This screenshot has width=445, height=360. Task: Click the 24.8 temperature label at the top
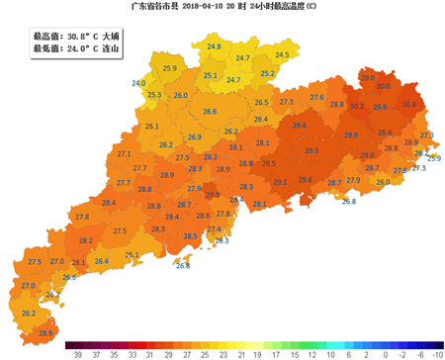point(215,46)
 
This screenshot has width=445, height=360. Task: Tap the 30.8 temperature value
point(408,105)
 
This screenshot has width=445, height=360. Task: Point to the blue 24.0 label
point(138,83)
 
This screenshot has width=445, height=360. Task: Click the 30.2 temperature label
point(357,106)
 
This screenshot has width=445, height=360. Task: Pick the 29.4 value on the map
point(299,126)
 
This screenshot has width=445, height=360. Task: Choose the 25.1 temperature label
point(210,75)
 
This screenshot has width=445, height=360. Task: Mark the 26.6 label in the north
point(210,112)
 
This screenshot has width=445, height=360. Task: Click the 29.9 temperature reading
point(351,135)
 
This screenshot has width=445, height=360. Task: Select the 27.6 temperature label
point(316,97)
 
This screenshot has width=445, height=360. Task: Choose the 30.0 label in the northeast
point(383,87)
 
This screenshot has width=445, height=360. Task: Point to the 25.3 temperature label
point(154,95)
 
